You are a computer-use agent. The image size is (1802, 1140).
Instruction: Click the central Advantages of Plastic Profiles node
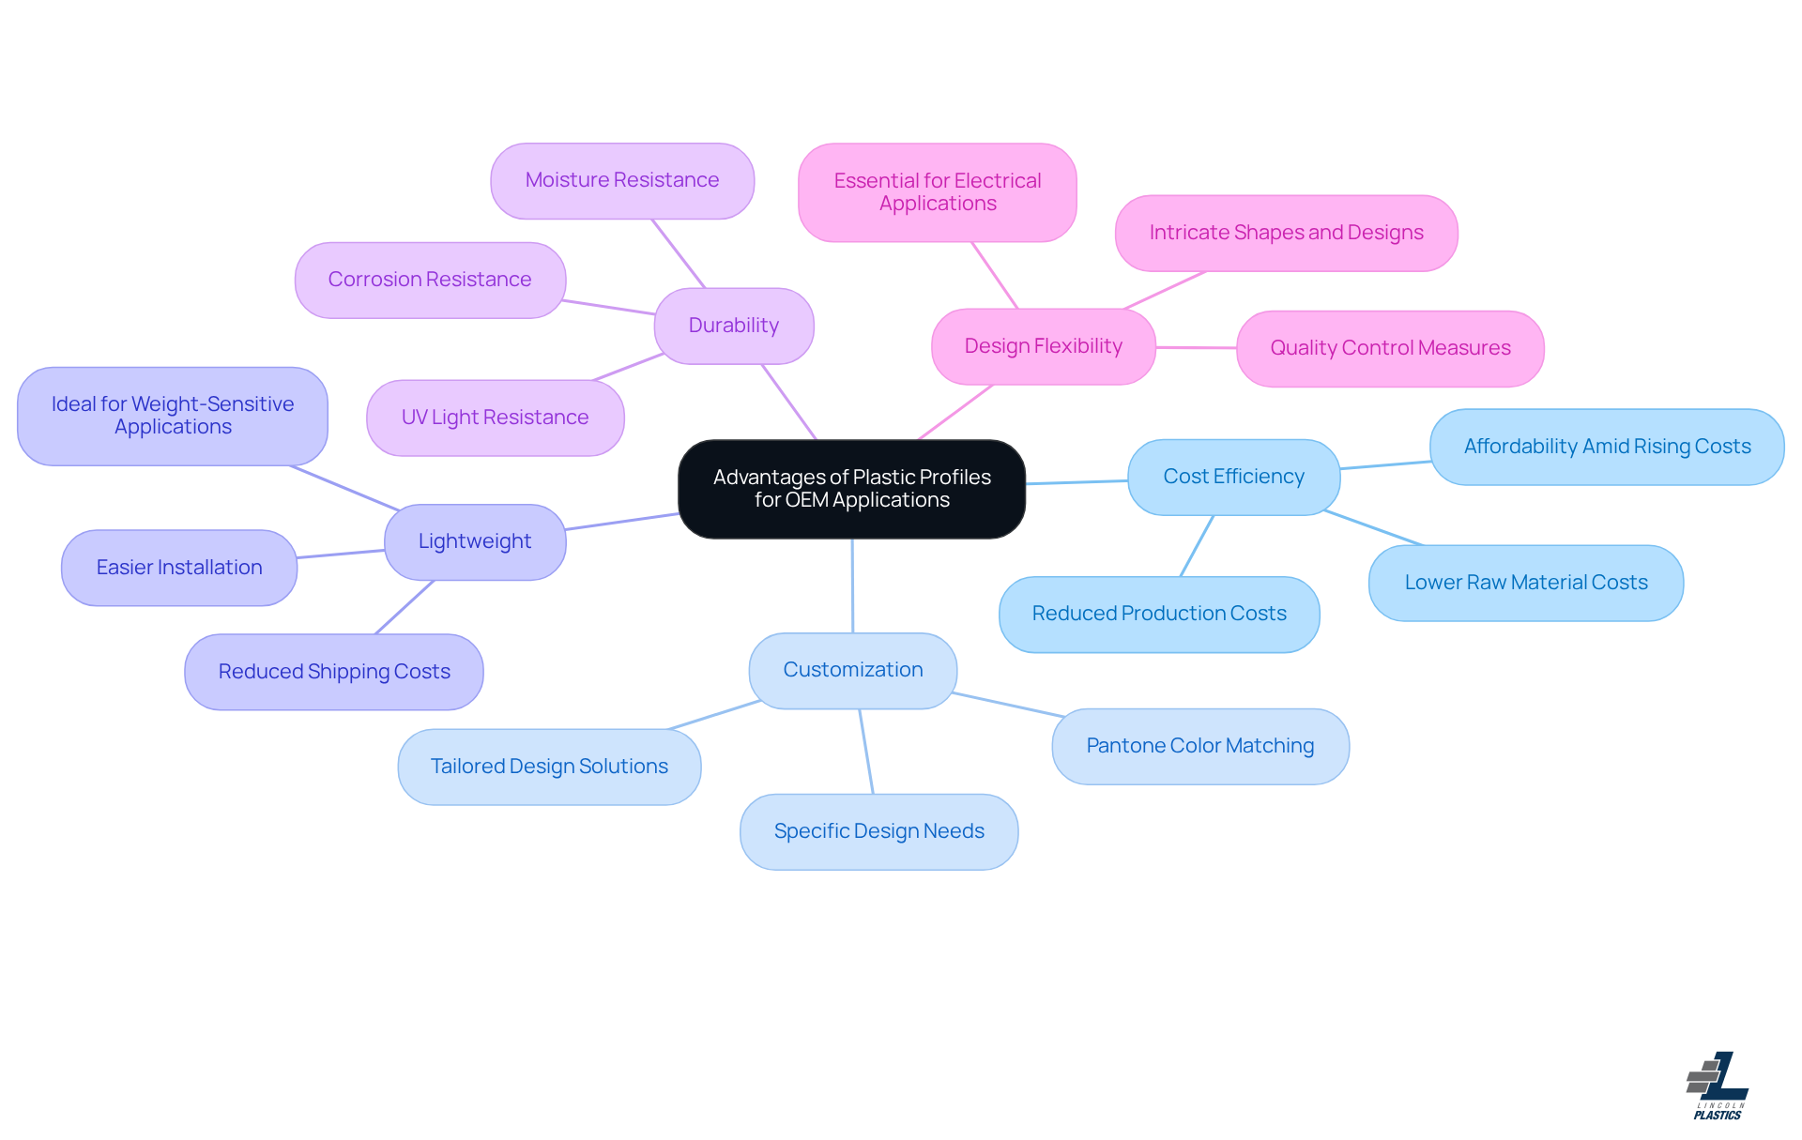pyautogui.click(x=851, y=489)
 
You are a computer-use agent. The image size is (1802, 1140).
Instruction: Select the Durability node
pyautogui.click(x=734, y=326)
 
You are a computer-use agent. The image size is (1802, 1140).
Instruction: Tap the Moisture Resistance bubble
pyautogui.click(x=622, y=180)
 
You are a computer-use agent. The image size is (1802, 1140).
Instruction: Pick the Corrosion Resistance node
pyautogui.click(x=430, y=280)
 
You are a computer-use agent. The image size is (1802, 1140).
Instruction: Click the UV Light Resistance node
pyautogui.click(x=495, y=418)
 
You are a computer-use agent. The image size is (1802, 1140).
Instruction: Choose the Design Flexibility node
pyautogui.click(x=1043, y=346)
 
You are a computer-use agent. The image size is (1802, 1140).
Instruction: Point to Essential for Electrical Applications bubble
pyautogui.click(x=937, y=192)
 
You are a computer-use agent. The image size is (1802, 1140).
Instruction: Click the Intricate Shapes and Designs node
pyautogui.click(x=1286, y=233)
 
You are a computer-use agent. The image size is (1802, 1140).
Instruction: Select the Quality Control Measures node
pyautogui.click(x=1390, y=348)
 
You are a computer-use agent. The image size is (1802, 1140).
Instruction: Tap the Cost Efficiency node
pyautogui.click(x=1233, y=477)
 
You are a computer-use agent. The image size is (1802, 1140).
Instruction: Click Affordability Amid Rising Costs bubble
pyautogui.click(x=1607, y=447)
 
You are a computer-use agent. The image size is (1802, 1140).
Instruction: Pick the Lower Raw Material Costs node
pyautogui.click(x=1526, y=583)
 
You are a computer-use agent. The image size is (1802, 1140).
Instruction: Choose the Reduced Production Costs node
pyautogui.click(x=1159, y=614)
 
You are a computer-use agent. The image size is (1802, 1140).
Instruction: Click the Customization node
pyautogui.click(x=853, y=670)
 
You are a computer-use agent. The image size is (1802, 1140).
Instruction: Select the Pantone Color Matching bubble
pyautogui.click(x=1200, y=746)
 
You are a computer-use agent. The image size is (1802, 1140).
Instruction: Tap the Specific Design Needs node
pyautogui.click(x=878, y=831)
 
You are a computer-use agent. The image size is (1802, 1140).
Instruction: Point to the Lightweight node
pyautogui.click(x=475, y=541)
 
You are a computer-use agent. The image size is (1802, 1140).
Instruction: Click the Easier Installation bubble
pyautogui.click(x=179, y=568)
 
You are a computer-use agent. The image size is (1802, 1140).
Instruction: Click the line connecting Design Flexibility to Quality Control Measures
pyautogui.click(x=1197, y=347)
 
